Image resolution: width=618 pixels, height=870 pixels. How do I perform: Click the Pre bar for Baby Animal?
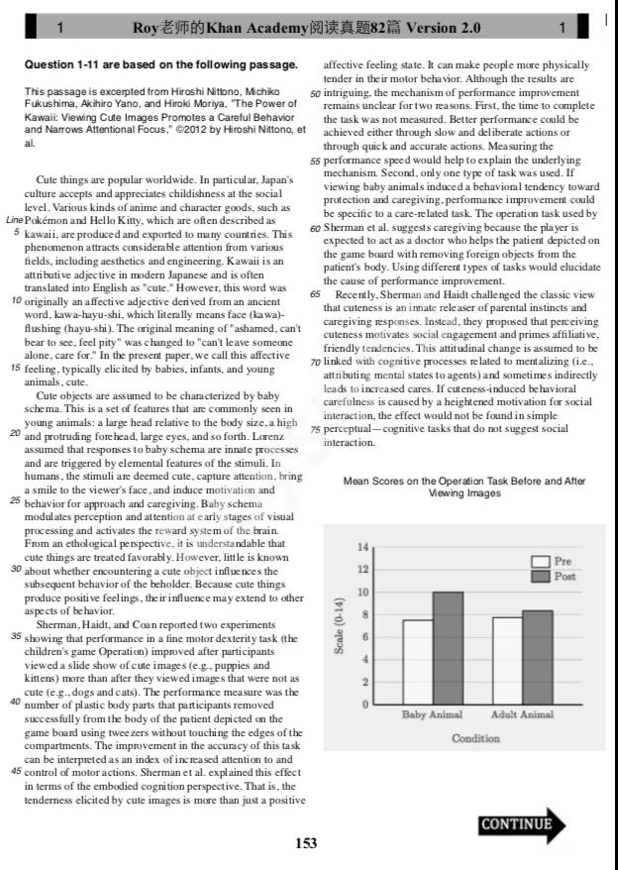418,662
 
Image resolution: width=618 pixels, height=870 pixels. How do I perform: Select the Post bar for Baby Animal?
448,648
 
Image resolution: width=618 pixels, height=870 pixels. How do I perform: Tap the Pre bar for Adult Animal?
507,661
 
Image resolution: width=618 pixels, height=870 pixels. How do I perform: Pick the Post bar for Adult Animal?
537,657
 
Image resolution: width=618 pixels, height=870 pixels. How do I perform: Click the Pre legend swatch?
541,562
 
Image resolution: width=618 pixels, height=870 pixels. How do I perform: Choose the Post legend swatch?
541,576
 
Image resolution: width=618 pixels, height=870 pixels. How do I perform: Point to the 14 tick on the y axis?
362,547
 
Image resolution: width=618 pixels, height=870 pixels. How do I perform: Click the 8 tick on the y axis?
362,614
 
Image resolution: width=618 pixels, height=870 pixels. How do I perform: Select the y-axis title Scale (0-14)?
340,626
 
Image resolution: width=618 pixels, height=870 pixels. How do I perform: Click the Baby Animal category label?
433,714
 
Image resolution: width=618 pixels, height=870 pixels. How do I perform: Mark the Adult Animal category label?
522,714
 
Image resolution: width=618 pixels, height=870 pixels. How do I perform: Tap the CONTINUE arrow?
522,823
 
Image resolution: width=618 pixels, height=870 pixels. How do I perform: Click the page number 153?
306,844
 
